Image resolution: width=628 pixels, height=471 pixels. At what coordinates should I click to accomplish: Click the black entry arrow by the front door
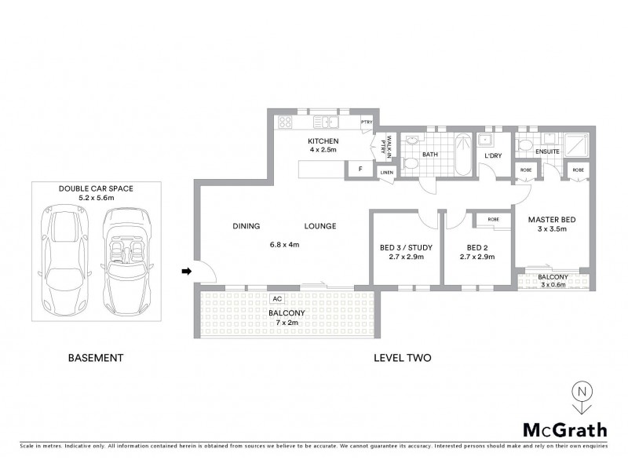(x=186, y=272)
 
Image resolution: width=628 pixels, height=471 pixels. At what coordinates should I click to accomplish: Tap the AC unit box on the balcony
(x=276, y=298)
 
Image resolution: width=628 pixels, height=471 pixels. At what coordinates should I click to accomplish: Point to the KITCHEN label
(x=323, y=141)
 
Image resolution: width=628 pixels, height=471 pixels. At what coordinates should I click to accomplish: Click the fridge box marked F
(x=360, y=169)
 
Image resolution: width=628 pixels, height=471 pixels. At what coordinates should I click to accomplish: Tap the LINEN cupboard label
(x=385, y=172)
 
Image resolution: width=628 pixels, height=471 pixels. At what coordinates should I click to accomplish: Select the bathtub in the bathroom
(x=462, y=155)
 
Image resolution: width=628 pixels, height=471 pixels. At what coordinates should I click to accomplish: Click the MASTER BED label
(x=553, y=219)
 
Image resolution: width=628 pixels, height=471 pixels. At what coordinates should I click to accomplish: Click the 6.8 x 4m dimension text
(x=284, y=245)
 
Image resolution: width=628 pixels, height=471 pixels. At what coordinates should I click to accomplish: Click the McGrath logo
(x=564, y=429)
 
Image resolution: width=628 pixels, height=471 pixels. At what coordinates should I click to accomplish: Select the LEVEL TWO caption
(x=401, y=358)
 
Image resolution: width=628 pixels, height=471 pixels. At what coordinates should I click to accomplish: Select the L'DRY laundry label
(x=493, y=155)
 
